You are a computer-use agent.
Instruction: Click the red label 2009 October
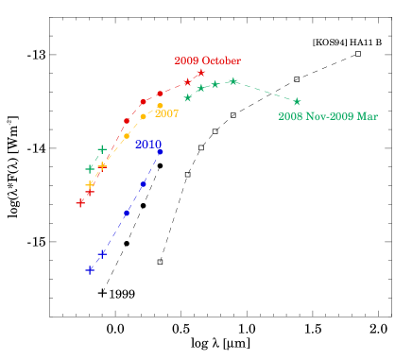207,60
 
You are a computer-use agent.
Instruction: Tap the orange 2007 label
167,113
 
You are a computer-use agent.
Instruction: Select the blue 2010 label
148,145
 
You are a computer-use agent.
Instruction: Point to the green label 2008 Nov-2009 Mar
327,116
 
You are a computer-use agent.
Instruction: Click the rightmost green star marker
297,101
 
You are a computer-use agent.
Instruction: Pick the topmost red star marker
201,73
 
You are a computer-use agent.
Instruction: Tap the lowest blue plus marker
90,270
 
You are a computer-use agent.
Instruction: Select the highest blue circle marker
161,151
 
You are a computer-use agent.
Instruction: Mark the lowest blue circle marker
127,214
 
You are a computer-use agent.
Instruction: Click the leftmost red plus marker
80,202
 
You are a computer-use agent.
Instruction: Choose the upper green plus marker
102,149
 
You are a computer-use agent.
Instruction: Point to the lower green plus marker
90,169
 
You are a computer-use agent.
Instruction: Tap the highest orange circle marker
160,106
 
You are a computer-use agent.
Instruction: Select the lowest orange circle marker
127,136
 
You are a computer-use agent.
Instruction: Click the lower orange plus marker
90,185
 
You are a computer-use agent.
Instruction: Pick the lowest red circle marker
127,121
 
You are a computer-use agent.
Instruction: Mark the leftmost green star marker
188,97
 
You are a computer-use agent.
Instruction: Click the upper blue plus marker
103,253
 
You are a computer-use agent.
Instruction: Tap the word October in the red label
221,60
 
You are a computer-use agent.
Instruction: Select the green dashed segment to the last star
265,91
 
